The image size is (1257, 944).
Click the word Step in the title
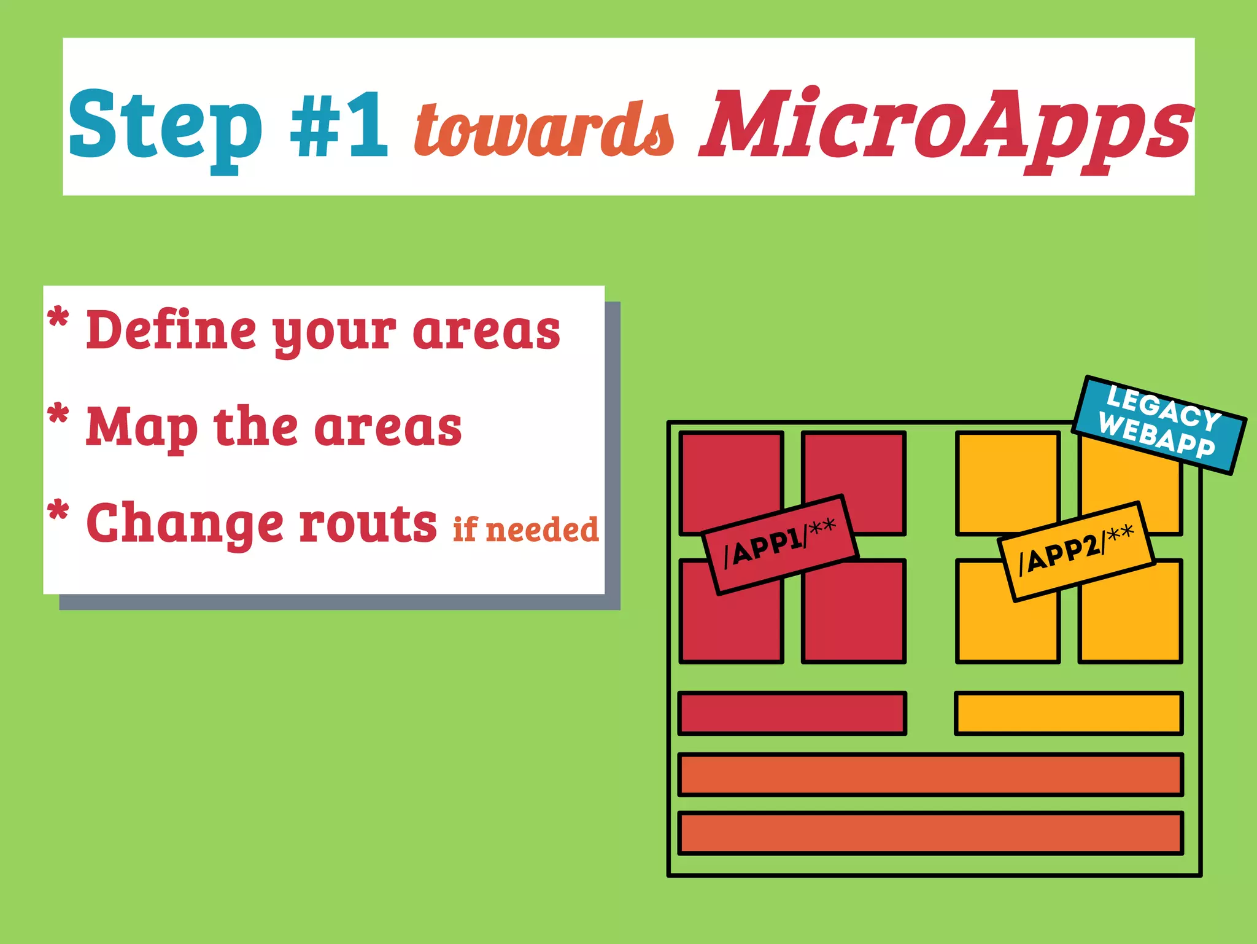(164, 126)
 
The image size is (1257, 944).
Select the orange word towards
(544, 129)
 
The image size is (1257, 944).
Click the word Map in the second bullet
(141, 427)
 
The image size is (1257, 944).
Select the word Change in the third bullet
(185, 523)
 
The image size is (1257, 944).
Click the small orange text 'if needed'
(525, 529)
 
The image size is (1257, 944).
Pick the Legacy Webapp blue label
(1159, 424)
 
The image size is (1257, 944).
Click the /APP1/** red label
(779, 544)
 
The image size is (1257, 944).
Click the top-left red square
(730, 473)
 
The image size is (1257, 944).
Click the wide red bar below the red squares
(792, 713)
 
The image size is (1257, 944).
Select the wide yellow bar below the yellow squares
(1069, 713)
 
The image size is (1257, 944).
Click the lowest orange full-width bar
(930, 833)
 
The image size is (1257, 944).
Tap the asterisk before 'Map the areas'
(58, 415)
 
